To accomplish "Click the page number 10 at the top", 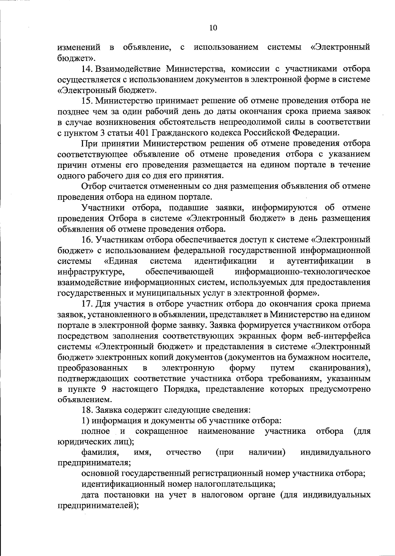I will [x=213, y=28].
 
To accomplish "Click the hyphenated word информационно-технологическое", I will [x=303, y=272].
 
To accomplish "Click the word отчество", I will [x=184, y=452].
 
